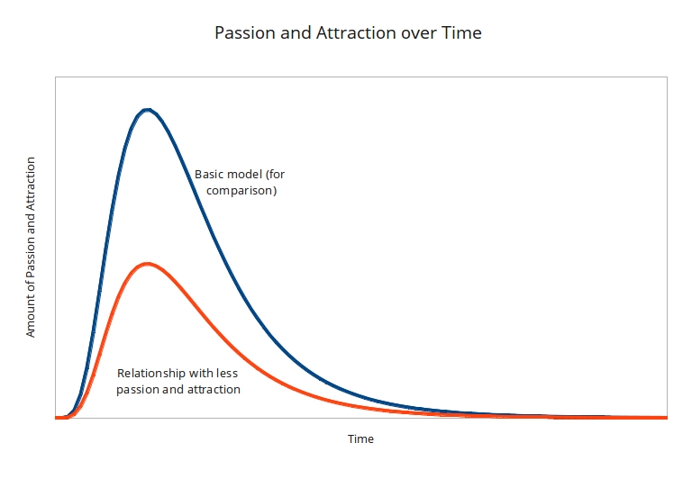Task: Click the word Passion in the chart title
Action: click(x=243, y=33)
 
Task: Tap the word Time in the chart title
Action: click(x=461, y=33)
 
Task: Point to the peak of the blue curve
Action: click(x=148, y=111)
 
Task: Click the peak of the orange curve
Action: click(x=146, y=264)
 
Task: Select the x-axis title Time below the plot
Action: click(x=360, y=439)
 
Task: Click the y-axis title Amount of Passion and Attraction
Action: click(x=31, y=247)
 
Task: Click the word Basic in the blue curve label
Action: click(x=210, y=175)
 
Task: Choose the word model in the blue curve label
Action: click(x=245, y=175)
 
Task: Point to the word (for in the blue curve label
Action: click(x=275, y=175)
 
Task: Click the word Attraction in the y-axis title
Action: click(x=31, y=185)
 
